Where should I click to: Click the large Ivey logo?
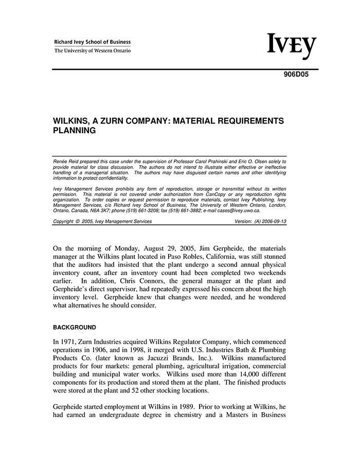[291, 46]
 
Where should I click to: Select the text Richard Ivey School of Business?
[93, 42]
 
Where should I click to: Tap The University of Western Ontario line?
[93, 50]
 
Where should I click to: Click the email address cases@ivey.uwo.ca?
[239, 210]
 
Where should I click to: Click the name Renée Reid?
[65, 162]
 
